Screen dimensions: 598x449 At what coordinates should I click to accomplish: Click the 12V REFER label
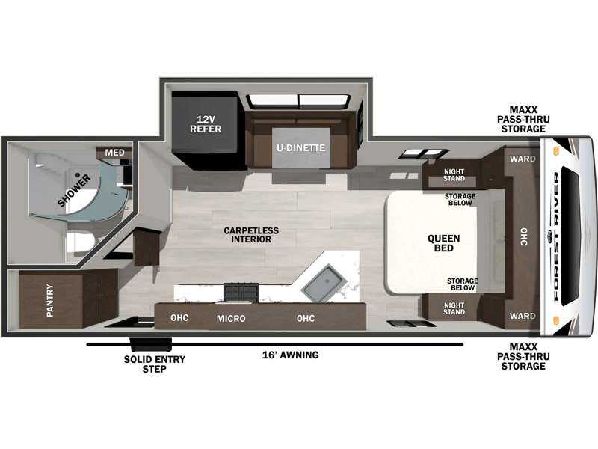(206, 124)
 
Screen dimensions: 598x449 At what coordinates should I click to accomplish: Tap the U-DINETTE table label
(301, 147)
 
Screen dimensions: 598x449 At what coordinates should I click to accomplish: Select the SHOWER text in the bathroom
(75, 190)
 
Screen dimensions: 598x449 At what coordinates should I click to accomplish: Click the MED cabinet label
(115, 153)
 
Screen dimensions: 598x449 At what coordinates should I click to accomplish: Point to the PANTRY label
(50, 301)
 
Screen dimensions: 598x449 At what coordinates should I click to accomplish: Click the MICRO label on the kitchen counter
(231, 319)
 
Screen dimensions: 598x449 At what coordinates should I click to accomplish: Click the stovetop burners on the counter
(241, 293)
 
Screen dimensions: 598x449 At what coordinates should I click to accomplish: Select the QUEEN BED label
(443, 243)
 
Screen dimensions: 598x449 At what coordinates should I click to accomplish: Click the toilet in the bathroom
(79, 244)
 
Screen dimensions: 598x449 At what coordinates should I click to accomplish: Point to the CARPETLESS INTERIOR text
(251, 235)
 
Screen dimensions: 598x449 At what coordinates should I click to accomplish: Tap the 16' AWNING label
(290, 355)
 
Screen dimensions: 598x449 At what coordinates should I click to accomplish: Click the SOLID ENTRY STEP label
(155, 364)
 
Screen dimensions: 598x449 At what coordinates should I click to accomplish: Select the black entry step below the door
(152, 344)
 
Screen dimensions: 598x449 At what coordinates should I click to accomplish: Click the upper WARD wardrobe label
(523, 159)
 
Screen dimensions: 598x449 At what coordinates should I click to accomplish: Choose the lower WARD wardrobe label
(523, 316)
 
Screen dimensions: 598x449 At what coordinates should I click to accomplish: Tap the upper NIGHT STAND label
(454, 175)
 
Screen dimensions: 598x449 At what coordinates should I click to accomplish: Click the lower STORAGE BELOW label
(462, 284)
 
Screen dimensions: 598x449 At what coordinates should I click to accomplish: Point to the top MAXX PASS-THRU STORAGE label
(523, 120)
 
